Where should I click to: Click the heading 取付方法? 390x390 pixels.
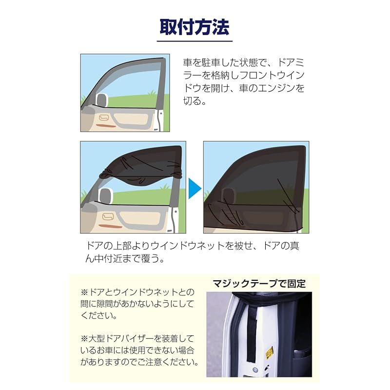click(194, 27)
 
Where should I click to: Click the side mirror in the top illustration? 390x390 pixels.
click(102, 100)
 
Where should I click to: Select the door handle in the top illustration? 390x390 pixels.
click(104, 117)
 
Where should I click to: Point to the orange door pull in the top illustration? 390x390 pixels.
click(106, 125)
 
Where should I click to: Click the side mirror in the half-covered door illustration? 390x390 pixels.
click(106, 195)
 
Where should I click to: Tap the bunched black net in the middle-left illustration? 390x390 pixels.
click(140, 174)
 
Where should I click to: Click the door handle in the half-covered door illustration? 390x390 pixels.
click(108, 216)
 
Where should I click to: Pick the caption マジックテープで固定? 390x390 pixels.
click(259, 284)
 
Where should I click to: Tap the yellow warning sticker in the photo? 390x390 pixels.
click(270, 352)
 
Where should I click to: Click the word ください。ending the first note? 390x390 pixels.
click(99, 316)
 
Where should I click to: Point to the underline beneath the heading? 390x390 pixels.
click(195, 41)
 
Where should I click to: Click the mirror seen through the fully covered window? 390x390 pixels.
click(229, 195)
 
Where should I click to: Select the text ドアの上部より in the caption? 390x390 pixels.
click(118, 246)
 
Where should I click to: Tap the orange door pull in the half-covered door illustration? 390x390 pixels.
click(111, 226)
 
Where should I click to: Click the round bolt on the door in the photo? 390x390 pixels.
click(254, 370)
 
